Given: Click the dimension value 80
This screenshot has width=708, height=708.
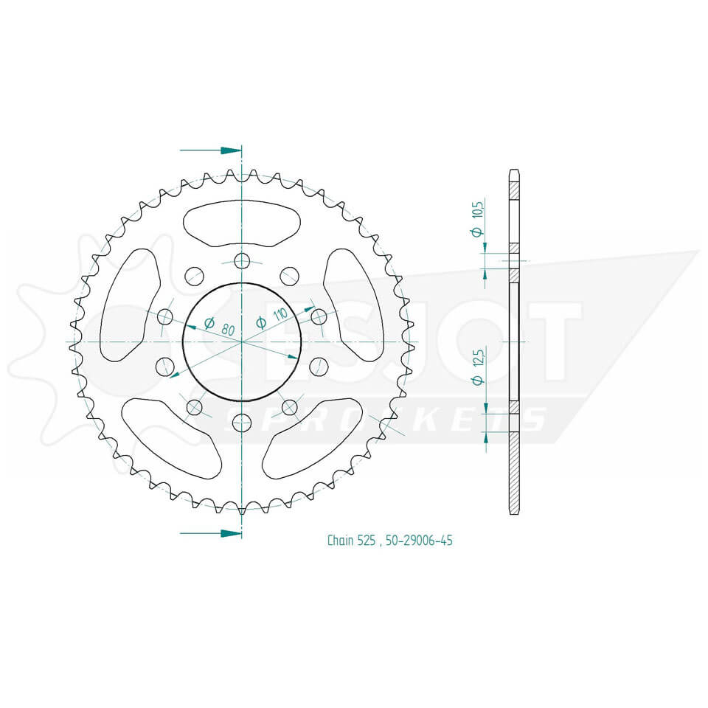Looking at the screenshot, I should point(227,330).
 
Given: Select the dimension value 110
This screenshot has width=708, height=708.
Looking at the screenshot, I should point(280,316).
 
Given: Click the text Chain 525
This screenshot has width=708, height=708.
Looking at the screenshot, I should point(352,541).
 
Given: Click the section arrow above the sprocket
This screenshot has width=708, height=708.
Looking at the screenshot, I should point(211,150).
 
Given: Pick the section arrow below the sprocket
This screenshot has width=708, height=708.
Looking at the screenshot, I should point(211,532).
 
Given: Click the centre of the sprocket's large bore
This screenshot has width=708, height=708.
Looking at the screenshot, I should point(242,341).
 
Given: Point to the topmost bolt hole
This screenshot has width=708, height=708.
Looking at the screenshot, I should point(242,260).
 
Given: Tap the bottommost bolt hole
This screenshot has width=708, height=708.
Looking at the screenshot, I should point(242,423).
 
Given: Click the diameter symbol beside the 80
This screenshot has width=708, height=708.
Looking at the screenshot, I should point(209,323).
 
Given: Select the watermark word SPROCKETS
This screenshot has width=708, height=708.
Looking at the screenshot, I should point(383,419).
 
